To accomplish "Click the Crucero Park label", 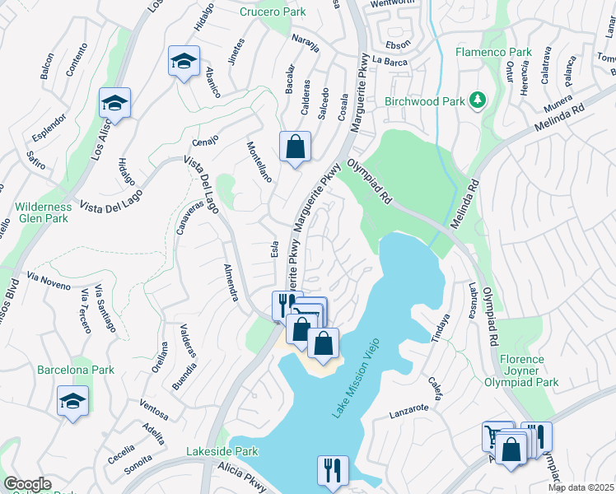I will (273, 12).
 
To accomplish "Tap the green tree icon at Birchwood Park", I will (477, 100).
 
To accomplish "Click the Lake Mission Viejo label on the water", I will (360, 383).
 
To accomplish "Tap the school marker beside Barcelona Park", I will (72, 401).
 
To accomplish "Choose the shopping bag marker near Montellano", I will (295, 147).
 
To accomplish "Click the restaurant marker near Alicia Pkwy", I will (332, 470).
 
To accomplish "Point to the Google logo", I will (27, 484).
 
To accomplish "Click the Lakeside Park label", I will (222, 451).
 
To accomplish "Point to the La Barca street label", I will (390, 60).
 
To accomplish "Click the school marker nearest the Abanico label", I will (184, 61).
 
